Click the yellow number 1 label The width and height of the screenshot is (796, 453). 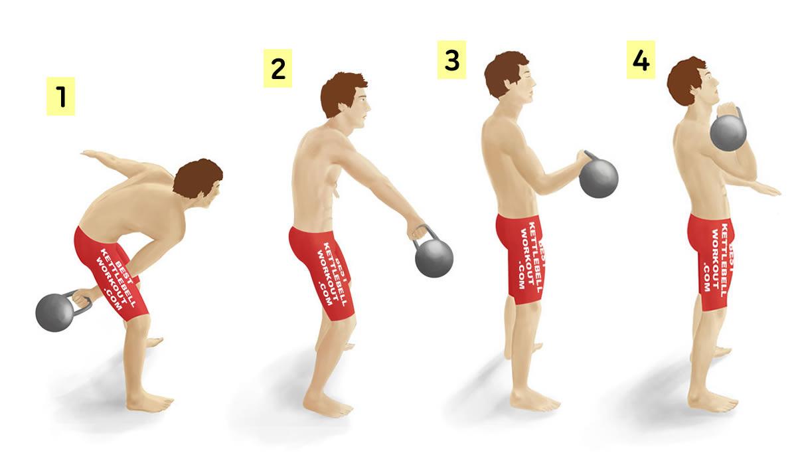(61, 96)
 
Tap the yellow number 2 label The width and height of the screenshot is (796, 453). (278, 68)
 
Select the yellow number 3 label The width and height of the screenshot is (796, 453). (452, 60)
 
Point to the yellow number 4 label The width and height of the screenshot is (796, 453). (641, 60)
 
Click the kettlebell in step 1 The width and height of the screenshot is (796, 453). (57, 311)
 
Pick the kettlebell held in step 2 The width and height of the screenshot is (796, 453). (433, 256)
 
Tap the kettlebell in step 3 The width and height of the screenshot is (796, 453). (598, 176)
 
